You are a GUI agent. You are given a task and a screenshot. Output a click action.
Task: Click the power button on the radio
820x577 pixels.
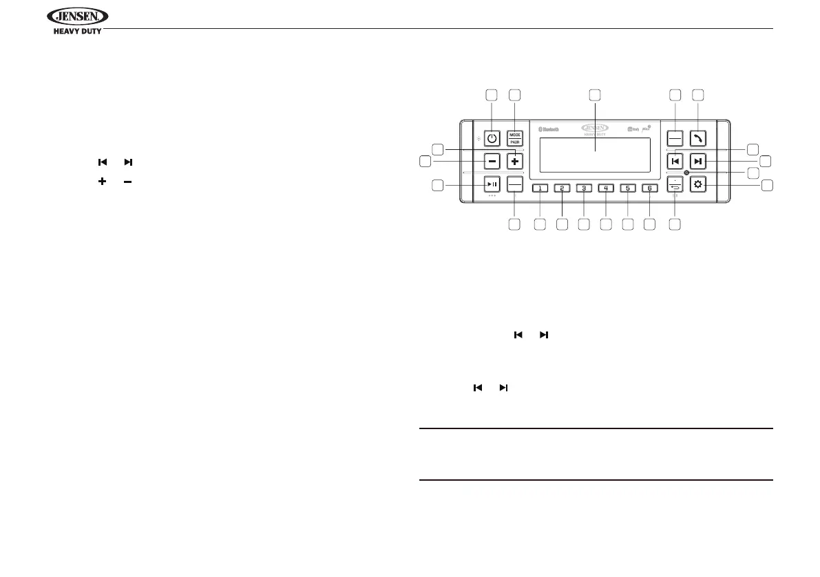[x=492, y=138]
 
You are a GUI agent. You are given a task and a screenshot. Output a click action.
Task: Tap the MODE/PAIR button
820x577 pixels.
[x=514, y=138]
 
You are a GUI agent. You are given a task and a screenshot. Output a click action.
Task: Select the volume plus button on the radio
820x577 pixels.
[x=514, y=161]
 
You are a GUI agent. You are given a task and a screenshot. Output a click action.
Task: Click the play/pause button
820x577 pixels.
[x=492, y=184]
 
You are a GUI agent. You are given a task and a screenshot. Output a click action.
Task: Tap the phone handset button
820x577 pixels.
[x=698, y=138]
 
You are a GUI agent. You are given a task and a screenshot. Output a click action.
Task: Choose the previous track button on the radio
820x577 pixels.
[x=675, y=162]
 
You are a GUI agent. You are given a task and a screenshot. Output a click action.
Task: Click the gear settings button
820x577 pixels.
[x=698, y=184]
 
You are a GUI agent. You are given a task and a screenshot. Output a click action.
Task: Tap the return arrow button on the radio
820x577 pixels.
[x=675, y=184]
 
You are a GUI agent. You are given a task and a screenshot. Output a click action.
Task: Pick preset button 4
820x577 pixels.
[x=606, y=188]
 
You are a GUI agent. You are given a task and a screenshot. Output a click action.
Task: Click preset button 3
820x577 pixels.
[x=584, y=188]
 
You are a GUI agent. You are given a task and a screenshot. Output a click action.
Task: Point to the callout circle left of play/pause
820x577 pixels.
[x=436, y=184]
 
